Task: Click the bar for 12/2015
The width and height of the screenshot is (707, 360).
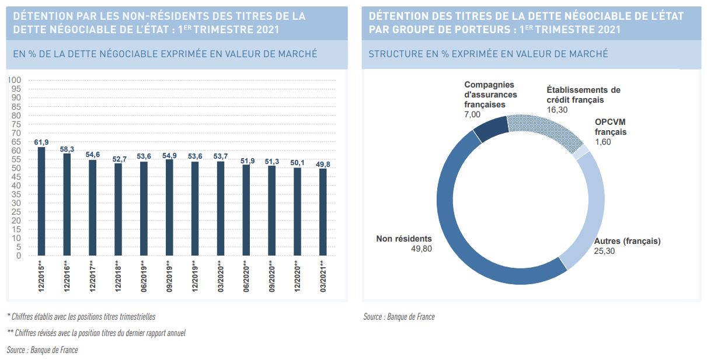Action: coord(41,201)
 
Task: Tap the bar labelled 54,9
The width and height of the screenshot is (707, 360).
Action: coord(169,207)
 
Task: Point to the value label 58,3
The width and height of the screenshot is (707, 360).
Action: coord(67,149)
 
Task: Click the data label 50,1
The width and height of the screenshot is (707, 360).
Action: coord(297,164)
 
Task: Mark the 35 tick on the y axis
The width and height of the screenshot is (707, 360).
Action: coord(16,194)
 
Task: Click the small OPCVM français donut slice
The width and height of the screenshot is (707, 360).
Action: coord(581,152)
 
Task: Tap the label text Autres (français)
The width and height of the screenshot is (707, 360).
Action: coord(626,241)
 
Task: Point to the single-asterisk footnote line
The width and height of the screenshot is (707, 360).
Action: coord(81,316)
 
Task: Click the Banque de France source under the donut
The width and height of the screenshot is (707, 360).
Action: coord(399,317)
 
